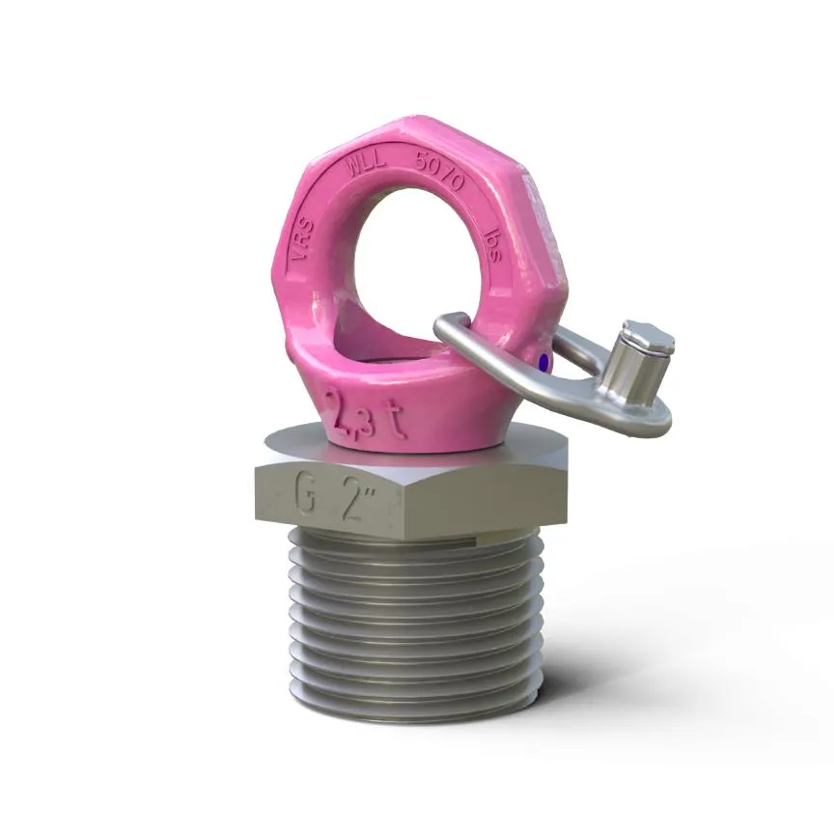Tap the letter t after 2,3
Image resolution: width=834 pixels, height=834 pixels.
[x=394, y=417]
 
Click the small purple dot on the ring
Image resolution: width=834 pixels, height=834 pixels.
[x=543, y=362]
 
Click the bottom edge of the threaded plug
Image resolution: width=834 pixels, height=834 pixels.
[x=415, y=719]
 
